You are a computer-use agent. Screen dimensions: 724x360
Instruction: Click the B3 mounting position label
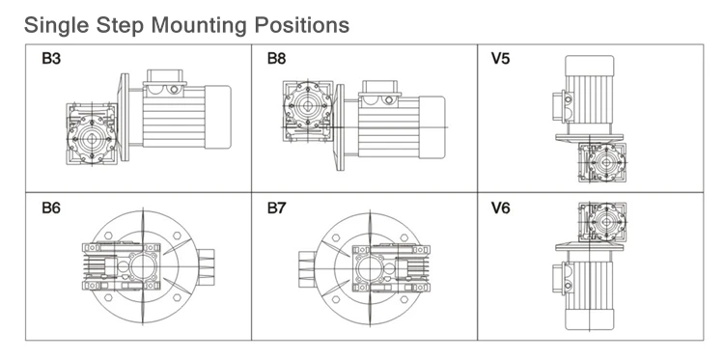[51, 59]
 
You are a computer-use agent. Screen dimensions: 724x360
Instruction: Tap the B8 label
[277, 59]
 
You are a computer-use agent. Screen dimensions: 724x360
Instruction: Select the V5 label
[500, 59]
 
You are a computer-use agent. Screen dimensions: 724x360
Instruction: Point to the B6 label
[51, 208]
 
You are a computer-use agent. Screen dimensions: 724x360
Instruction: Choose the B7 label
[277, 208]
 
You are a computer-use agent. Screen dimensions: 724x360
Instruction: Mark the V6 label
[500, 208]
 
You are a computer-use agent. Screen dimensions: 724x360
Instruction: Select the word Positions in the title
[302, 24]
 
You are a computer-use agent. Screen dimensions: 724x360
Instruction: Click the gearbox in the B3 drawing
[92, 134]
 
